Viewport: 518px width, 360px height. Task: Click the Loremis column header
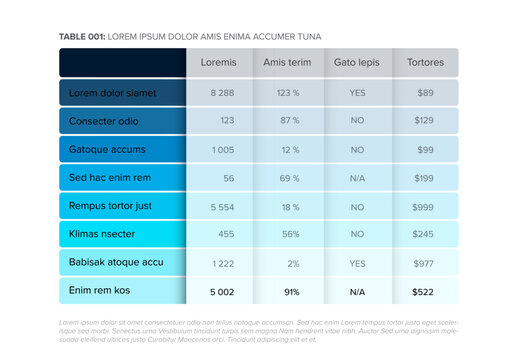pyautogui.click(x=219, y=62)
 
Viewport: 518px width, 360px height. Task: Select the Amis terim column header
pyautogui.click(x=288, y=62)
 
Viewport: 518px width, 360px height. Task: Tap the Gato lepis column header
pyautogui.click(x=357, y=62)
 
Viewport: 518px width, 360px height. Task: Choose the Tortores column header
pyautogui.click(x=426, y=62)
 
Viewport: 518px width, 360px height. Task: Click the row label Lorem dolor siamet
pyautogui.click(x=113, y=92)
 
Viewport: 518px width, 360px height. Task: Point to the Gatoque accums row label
pyautogui.click(x=107, y=149)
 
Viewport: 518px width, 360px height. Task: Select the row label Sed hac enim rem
pyautogui.click(x=110, y=178)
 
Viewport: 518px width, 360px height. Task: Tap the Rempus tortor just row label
pyautogui.click(x=110, y=206)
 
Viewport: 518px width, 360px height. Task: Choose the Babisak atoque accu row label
pyautogui.click(x=116, y=263)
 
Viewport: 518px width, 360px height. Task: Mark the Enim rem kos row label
pyautogui.click(x=100, y=291)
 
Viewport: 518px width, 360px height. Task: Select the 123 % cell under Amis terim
pyautogui.click(x=289, y=92)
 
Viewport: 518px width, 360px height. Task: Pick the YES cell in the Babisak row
pyautogui.click(x=357, y=263)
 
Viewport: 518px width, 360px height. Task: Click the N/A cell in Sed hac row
pyautogui.click(x=357, y=178)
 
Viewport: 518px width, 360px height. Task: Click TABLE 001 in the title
pyautogui.click(x=82, y=36)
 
